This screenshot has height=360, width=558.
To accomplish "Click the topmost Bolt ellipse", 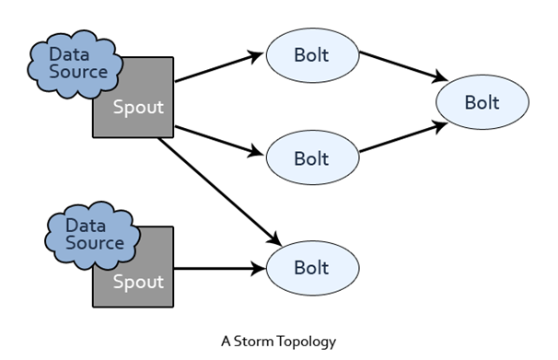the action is point(312,55).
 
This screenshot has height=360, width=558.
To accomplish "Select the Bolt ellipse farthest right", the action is point(482,102).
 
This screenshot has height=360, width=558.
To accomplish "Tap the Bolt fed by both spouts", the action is point(312,268).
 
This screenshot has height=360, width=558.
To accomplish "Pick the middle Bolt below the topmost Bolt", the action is point(312,157).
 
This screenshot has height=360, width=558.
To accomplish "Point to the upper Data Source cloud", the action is point(75,64).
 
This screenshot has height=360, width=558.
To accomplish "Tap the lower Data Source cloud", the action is point(92,235).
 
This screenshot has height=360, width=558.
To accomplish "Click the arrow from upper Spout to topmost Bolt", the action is point(219,67).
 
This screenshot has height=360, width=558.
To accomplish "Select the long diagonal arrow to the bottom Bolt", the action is point(220,192).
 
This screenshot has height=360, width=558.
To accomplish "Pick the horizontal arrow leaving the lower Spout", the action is point(220,268).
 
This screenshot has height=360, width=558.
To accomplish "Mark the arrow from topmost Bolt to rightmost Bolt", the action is point(403,67).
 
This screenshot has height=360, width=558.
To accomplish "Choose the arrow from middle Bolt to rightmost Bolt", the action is point(403,137).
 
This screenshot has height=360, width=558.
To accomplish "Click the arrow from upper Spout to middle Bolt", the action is point(219,141).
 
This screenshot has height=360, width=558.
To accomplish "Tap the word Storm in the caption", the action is point(254,342).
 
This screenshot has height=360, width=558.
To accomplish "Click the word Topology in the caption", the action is point(307,342).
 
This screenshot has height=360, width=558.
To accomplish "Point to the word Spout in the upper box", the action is point(138,108).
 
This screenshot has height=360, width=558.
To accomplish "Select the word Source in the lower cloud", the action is point(95,243).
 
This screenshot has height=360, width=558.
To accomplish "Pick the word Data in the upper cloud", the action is point(69,55).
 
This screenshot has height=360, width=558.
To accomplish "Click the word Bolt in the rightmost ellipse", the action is point(482,102).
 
